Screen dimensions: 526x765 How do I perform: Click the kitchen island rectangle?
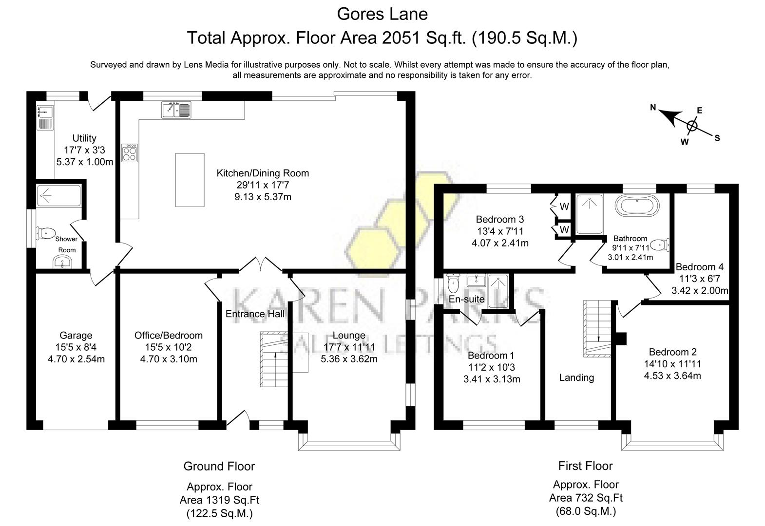pyautogui.click(x=190, y=180)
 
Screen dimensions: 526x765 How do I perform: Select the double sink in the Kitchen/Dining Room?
pyautogui.click(x=176, y=110)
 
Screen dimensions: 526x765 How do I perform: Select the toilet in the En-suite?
pyautogui.click(x=453, y=282)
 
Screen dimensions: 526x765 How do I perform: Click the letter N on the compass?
pyautogui.click(x=653, y=108)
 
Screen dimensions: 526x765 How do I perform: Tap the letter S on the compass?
pyautogui.click(x=717, y=138)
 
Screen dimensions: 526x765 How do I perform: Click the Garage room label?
pyautogui.click(x=76, y=335)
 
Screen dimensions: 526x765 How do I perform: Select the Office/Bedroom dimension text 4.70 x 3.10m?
pyautogui.click(x=169, y=359)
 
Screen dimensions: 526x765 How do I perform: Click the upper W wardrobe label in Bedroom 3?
pyautogui.click(x=564, y=207)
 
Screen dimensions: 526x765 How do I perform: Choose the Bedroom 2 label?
pyautogui.click(x=672, y=352)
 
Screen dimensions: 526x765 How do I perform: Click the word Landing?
pyautogui.click(x=576, y=377)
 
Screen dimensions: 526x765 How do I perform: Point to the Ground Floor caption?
pyautogui.click(x=219, y=466)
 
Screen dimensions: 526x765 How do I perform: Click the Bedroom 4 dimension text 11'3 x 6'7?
pyautogui.click(x=699, y=279)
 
